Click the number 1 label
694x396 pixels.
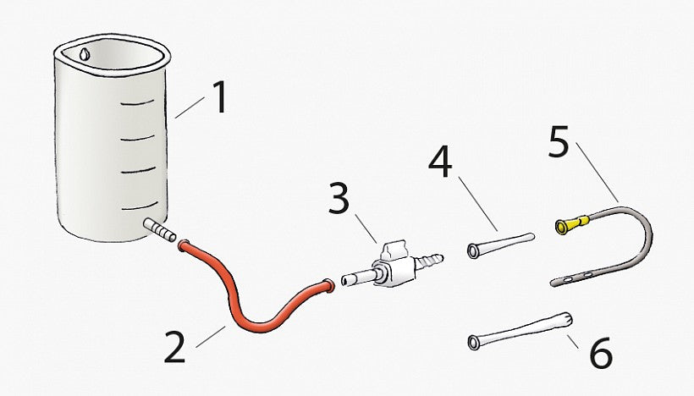(x=219, y=97)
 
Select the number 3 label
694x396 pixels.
(x=339, y=199)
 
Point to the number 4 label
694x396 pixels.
(x=440, y=162)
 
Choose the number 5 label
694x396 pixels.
(x=558, y=142)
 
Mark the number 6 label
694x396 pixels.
(x=602, y=353)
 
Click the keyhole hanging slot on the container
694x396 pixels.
(x=85, y=54)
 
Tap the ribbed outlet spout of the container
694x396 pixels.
(x=159, y=230)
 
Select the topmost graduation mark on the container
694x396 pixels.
(x=137, y=103)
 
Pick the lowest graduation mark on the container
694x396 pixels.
(x=140, y=206)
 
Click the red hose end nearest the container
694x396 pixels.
(x=184, y=245)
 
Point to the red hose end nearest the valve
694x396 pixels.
(x=328, y=285)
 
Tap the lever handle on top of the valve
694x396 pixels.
(x=392, y=250)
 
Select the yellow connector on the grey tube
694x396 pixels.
(x=572, y=223)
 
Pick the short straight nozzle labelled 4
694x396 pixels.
(x=501, y=244)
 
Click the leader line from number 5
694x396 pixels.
(x=597, y=172)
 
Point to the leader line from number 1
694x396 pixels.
(x=190, y=108)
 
